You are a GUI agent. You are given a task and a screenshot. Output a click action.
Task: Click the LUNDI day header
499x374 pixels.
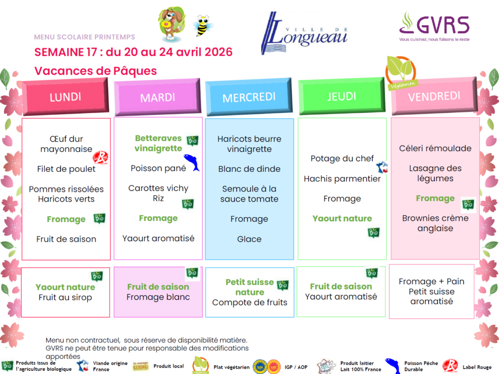[65, 96]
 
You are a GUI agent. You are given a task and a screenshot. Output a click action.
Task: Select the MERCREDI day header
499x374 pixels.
[249, 97]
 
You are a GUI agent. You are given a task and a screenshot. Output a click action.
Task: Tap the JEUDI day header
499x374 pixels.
[342, 96]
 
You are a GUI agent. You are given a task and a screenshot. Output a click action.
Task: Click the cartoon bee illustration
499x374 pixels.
[203, 25]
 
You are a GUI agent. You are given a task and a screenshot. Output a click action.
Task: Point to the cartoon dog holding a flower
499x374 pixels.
[172, 24]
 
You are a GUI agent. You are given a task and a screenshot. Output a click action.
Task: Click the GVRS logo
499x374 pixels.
[434, 27]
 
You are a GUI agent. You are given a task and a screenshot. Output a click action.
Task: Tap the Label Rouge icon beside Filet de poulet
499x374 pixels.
[100, 157]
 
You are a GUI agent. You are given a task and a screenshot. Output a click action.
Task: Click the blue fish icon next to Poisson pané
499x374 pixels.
[192, 163]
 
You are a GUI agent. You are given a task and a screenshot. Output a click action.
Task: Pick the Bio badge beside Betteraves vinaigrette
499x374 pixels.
[192, 140]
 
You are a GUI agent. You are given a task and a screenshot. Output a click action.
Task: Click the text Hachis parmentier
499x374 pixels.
[342, 179]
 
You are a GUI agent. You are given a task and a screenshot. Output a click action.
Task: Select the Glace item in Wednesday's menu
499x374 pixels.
[249, 239]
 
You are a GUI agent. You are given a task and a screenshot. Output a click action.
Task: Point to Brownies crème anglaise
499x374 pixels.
[435, 223]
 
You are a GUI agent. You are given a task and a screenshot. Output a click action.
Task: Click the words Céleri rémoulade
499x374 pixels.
[435, 148]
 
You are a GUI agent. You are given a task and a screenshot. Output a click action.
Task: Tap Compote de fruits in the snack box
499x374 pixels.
[249, 303]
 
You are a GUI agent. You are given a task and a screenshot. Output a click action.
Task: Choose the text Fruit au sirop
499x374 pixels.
[65, 297]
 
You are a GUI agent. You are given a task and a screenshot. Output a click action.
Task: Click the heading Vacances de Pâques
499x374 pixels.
[96, 71]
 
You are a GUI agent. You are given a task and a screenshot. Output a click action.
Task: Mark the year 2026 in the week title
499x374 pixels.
[218, 52]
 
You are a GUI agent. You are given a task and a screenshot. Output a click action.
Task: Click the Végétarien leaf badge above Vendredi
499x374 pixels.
[401, 73]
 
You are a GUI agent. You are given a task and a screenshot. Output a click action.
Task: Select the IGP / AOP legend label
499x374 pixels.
[296, 367]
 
